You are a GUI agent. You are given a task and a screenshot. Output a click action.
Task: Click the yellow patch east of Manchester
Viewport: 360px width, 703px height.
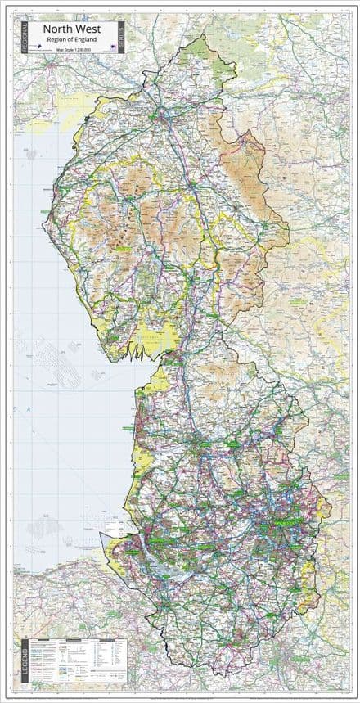pyautogui.click(x=323, y=507)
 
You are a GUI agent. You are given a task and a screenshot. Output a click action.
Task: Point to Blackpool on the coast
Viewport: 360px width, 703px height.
pyautogui.click(x=140, y=426)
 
